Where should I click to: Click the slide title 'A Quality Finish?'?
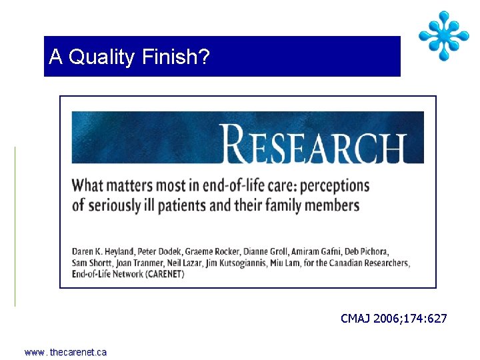pos(129,57)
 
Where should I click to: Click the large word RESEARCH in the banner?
pos(315,143)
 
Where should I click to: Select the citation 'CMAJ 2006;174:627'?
pos(393,319)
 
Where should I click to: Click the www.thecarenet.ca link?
pos(65,352)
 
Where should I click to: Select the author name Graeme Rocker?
pos(207,251)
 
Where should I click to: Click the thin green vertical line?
pos(15,226)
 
